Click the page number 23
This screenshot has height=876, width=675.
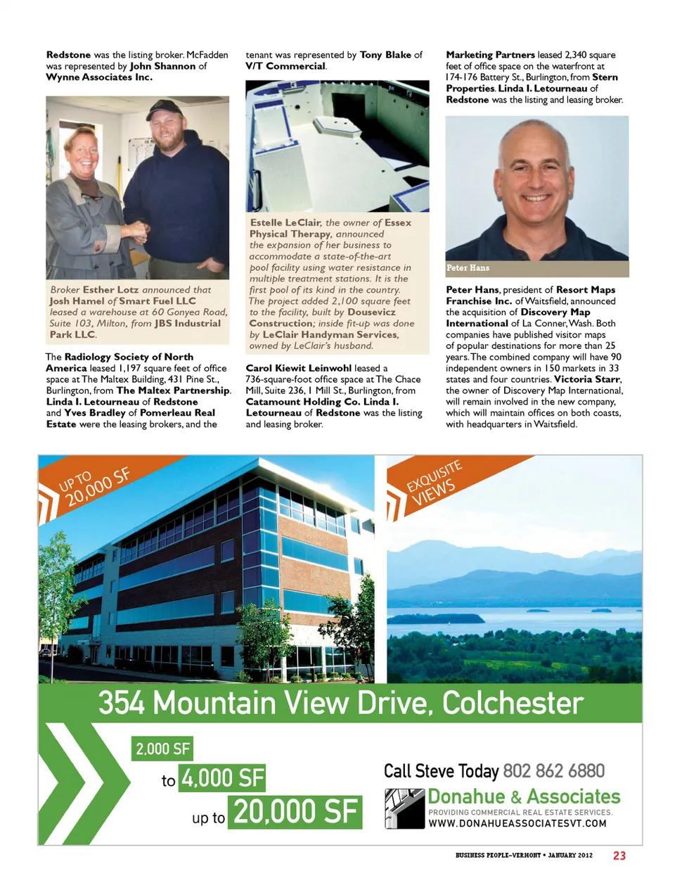619,856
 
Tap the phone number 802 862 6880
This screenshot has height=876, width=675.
553,771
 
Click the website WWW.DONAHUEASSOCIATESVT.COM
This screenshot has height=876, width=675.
517,823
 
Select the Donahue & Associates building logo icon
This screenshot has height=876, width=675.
405,808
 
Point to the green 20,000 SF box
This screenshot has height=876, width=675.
295,812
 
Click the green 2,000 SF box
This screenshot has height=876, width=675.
162,749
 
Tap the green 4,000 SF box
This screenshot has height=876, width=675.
222,778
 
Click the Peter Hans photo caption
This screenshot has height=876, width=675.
468,268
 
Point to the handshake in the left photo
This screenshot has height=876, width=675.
139,230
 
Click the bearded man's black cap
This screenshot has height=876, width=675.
164,109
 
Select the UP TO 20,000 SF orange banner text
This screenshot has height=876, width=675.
95,485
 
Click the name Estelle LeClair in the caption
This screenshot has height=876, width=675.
285,222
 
